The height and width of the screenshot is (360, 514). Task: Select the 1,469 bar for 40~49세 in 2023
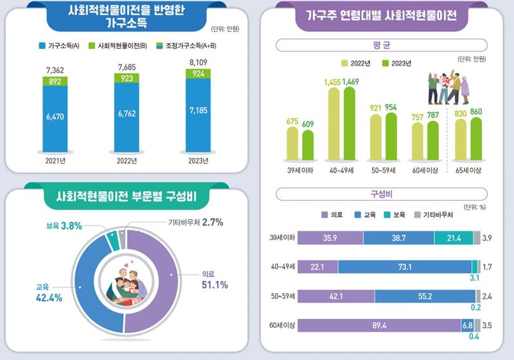click(350, 122)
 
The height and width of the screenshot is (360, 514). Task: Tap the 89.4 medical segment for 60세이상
click(379, 326)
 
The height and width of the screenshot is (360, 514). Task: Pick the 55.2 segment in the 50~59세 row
click(425, 296)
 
